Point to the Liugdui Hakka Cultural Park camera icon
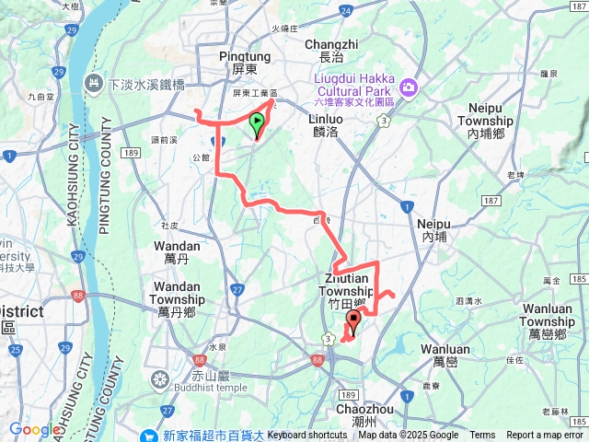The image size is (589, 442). (409, 87)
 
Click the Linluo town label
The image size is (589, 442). (327, 125)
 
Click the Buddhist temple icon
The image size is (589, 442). (160, 378)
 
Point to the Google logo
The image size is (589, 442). (34, 429)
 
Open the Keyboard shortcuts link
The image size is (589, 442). (307, 436)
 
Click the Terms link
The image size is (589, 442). (482, 436)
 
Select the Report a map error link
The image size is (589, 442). (545, 436)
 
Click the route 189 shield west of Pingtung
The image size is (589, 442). (132, 153)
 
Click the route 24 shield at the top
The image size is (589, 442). (344, 10)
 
